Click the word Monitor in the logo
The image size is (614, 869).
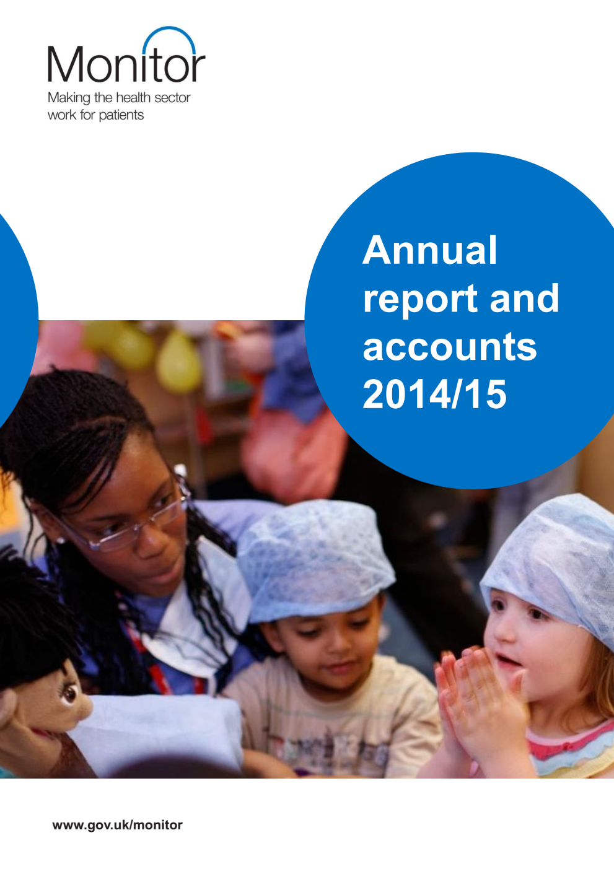[x=126, y=64]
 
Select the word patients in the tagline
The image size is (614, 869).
[x=121, y=115]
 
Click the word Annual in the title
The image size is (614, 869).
[x=430, y=250]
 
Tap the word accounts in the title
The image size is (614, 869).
[x=449, y=347]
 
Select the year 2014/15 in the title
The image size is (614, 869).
[x=434, y=394]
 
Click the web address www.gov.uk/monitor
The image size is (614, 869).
[x=118, y=825]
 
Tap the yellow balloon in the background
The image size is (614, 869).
[x=179, y=362]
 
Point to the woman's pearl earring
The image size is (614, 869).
[x=61, y=540]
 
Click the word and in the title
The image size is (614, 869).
[x=524, y=299]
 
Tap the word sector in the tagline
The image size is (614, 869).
[x=172, y=98]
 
